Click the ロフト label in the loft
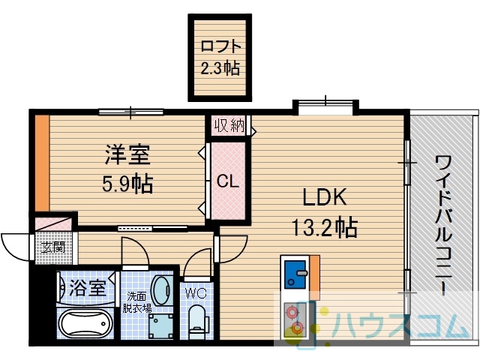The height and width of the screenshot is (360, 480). [220, 46]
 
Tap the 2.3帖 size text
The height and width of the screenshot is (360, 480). [220, 67]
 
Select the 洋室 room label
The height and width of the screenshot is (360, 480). [127, 154]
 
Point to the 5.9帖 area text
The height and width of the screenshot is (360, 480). [127, 184]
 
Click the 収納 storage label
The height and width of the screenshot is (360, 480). [229, 125]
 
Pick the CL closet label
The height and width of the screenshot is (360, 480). [228, 181]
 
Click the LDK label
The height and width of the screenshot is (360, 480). [325, 197]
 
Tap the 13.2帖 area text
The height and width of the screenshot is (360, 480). [325, 226]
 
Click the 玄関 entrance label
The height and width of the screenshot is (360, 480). [53, 247]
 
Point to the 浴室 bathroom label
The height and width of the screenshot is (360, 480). [88, 288]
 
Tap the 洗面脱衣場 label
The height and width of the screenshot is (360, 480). [136, 302]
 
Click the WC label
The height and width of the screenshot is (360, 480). [196, 293]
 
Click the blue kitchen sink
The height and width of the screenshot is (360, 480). [295, 274]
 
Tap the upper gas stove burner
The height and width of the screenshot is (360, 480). [292, 311]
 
